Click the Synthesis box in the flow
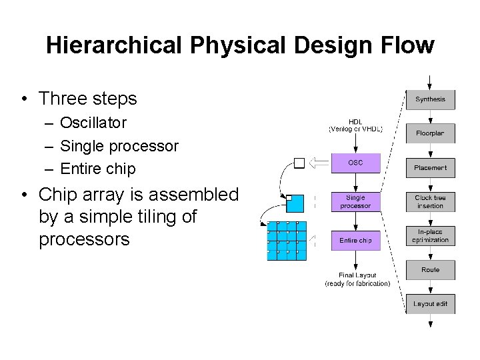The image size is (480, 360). (430, 99)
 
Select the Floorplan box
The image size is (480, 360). (430, 133)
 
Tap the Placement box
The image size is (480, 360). (430, 167)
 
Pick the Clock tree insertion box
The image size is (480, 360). (430, 201)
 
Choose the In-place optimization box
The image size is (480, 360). (430, 235)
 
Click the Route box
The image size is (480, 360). (430, 270)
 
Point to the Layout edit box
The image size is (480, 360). (430, 304)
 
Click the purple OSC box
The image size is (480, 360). (355, 163)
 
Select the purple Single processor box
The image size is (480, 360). (355, 201)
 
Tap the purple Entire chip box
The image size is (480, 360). (355, 240)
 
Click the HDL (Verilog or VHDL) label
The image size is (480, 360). (355, 125)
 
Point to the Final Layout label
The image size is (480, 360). (357, 279)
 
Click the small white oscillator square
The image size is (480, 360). (299, 163)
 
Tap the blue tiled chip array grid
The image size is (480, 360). (287, 240)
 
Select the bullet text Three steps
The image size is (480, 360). (87, 99)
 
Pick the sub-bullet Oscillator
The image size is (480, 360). (93, 123)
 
